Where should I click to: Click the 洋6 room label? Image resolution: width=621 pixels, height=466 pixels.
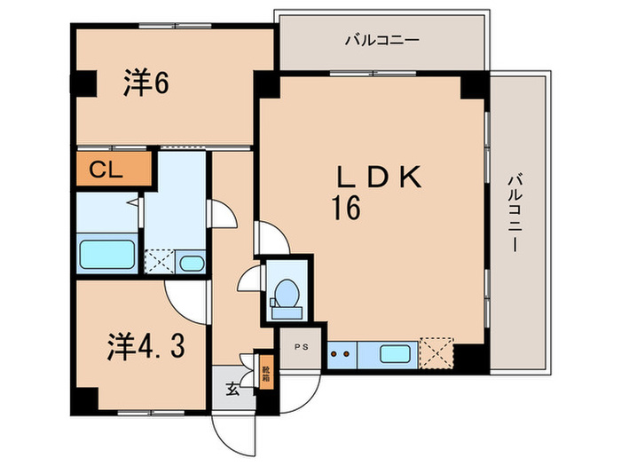[146, 83]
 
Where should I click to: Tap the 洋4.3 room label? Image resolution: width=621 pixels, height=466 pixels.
[146, 347]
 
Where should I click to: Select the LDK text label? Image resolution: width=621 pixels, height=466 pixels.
[378, 178]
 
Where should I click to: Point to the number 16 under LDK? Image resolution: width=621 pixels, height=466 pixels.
[346, 209]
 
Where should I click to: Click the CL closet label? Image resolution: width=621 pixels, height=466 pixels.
[106, 170]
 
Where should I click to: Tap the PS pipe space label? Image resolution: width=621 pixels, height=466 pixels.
[302, 347]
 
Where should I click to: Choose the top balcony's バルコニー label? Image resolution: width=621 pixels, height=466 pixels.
[381, 41]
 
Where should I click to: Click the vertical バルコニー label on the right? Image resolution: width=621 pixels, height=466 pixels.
[515, 213]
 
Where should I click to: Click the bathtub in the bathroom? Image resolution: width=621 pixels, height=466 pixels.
[107, 254]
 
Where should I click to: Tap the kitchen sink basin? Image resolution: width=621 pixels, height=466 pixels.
[395, 354]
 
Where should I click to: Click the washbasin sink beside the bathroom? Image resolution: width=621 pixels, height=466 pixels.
[192, 264]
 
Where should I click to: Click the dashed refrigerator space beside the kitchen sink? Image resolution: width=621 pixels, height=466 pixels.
[436, 353]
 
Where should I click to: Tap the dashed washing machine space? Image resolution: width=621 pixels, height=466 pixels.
[159, 262]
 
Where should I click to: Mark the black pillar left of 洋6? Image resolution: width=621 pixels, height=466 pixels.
[83, 83]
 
